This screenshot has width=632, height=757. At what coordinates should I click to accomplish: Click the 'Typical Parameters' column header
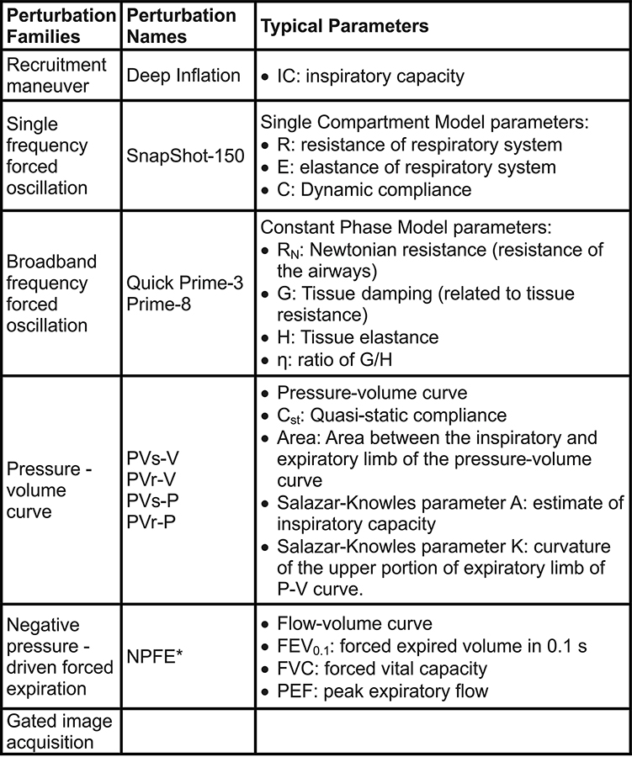(345, 27)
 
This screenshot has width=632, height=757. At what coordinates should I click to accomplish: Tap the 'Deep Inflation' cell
(183, 76)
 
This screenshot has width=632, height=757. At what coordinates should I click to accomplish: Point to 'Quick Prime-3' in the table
(184, 283)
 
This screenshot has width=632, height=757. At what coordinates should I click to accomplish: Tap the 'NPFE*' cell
(156, 659)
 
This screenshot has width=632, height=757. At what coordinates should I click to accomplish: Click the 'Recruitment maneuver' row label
(56, 76)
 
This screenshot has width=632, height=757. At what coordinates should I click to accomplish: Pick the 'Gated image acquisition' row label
(59, 732)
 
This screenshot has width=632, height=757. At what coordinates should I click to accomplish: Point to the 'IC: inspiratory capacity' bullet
(371, 77)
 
